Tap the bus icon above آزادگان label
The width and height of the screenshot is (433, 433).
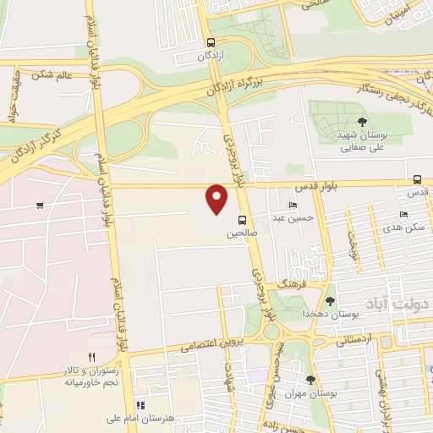pyautogui.click(x=211, y=41)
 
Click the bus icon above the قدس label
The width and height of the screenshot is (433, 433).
pyautogui.click(x=417, y=179)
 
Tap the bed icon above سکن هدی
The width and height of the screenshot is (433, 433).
pyautogui.click(x=403, y=215)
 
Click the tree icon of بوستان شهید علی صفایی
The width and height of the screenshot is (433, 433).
pyautogui.click(x=362, y=123)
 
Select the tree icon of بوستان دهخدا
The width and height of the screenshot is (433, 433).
pyautogui.click(x=330, y=300)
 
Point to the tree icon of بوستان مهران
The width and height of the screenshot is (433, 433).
pyautogui.click(x=310, y=380)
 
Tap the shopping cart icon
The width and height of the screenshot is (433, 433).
pyautogui.click(x=40, y=205)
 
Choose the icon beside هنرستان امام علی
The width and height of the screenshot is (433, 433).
pyautogui.click(x=141, y=405)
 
